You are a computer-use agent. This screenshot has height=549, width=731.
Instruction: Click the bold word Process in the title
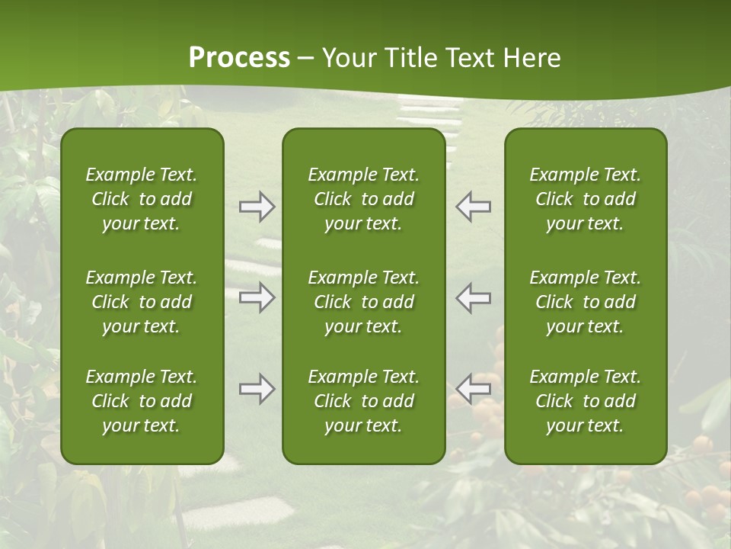point(239,58)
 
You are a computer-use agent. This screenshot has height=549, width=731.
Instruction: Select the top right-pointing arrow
point(257,207)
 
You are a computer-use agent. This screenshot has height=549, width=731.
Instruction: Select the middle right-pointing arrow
point(257,297)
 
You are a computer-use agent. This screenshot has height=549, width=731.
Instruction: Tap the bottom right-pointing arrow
point(257,389)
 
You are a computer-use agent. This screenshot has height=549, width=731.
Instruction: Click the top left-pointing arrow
point(474,207)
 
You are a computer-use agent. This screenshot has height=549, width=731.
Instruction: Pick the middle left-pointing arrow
point(474,297)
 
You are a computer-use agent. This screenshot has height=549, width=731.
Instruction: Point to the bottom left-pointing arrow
point(474,389)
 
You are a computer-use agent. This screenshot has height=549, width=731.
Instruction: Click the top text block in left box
point(142,199)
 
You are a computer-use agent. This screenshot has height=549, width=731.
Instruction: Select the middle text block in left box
point(142,302)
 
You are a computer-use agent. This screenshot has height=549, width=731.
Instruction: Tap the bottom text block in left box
point(142,401)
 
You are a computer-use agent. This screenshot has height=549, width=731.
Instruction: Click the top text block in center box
point(363,199)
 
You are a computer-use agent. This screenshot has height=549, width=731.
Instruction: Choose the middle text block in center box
point(363,302)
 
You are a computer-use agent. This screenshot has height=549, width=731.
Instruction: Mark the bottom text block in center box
point(363,401)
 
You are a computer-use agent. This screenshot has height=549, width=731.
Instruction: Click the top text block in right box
point(585,199)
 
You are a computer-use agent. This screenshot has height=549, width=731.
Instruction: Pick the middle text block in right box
point(585,302)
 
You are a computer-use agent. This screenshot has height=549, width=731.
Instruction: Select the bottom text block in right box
point(585,401)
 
